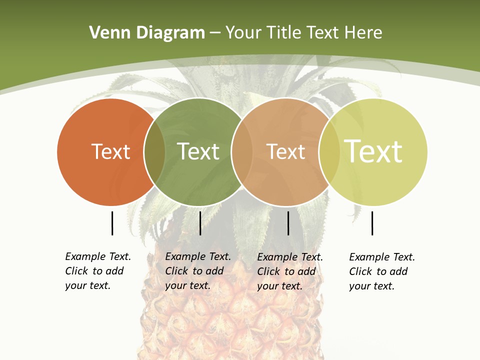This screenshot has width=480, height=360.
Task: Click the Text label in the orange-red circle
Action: point(110,151)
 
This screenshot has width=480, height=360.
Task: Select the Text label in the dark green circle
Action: point(198,151)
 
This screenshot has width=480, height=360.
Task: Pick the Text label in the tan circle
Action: point(285,151)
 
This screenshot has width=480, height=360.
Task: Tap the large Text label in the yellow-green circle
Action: point(373,151)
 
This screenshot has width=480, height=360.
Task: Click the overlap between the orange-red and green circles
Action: point(154,152)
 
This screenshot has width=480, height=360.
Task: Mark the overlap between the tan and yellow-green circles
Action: point(329,152)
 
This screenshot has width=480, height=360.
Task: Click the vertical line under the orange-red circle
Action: point(112,223)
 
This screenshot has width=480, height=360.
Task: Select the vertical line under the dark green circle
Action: point(200,223)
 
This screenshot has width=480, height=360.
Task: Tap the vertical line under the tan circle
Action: point(288,223)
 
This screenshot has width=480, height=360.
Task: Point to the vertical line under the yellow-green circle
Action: point(372,223)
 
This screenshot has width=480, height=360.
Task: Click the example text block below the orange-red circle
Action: point(98,271)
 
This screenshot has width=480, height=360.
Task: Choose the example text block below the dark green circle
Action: point(198,271)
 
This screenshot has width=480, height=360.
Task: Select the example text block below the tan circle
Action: point(290,271)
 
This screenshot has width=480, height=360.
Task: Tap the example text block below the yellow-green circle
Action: point(382,271)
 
